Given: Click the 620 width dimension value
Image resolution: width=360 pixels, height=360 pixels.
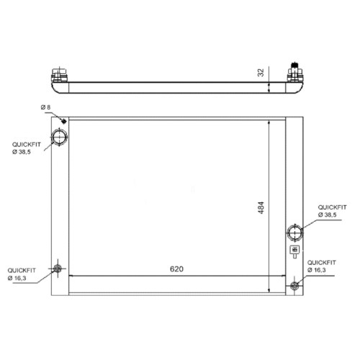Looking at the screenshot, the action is [176, 269].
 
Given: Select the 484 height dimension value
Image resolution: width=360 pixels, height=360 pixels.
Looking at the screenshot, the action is [261, 207].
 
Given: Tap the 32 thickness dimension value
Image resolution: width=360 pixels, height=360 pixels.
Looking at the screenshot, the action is [261, 73].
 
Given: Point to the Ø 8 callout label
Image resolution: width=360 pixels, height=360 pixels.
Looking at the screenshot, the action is [45, 107].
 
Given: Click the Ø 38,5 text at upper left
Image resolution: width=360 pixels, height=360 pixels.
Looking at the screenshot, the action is [22, 152].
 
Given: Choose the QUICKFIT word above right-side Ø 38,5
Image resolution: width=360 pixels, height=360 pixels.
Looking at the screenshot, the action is [332, 207].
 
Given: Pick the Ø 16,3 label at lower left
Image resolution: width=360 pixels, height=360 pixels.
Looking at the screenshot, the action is [17, 278].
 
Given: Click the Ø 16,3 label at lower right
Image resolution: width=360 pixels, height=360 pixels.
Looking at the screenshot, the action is [317, 270].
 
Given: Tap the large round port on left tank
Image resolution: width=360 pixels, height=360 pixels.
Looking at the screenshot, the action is [59, 137].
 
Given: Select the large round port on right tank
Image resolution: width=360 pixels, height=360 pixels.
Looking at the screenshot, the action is [295, 233].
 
